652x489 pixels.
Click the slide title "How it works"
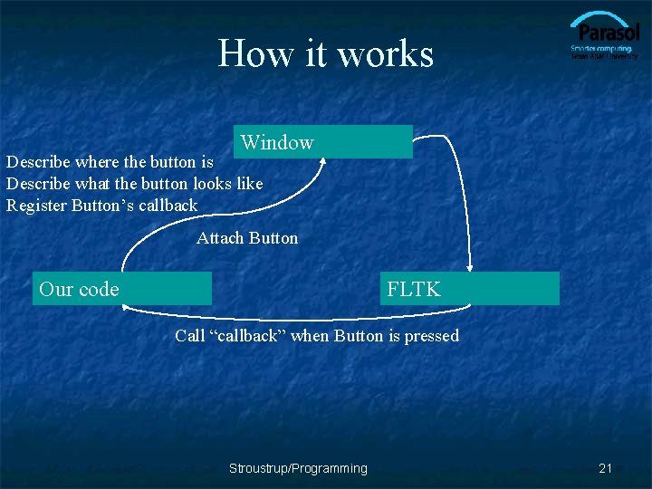[326, 53]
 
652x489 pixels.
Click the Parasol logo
[604, 36]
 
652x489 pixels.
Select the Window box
[323, 142]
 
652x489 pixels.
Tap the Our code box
[122, 289]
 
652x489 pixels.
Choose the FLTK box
[469, 289]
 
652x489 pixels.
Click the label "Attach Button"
[247, 238]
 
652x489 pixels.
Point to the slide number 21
[606, 468]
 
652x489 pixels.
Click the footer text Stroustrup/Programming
[298, 468]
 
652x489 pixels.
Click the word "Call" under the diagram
[190, 336]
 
